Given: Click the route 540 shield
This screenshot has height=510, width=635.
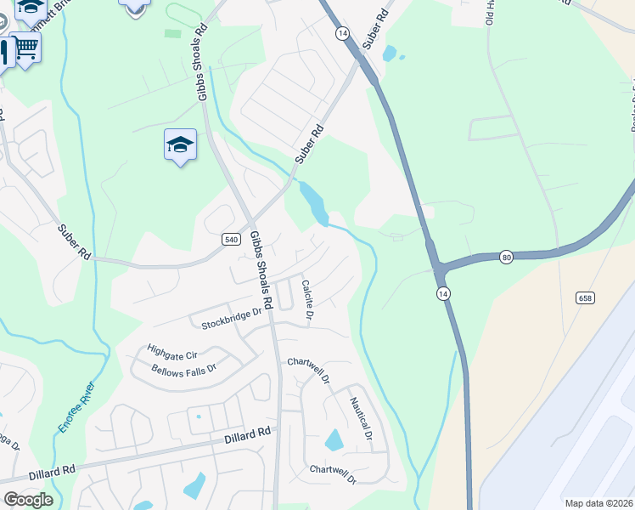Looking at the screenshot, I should coord(231,240).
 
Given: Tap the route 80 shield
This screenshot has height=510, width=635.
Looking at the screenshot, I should coord(506,257).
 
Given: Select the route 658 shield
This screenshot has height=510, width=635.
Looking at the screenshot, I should coord(584,297).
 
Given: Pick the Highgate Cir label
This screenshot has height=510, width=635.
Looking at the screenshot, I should coord(171,349).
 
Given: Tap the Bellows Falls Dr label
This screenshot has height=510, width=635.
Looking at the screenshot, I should coord(184,370).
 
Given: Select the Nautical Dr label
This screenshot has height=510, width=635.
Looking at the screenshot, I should coord(362,419).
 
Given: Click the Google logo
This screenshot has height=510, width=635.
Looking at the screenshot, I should coord(27,500).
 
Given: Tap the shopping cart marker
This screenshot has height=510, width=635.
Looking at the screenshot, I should coord(27,48).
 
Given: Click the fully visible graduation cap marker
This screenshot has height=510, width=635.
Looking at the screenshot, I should coord(180,145).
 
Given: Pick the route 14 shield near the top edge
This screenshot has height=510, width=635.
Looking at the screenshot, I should coord(342,32).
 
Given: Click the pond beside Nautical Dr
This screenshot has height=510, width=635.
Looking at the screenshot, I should coord(334,440).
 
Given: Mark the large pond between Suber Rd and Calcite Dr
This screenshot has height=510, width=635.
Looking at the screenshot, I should coord(314,204).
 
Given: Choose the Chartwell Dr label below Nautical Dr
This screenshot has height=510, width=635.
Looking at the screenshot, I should coord(332,470).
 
